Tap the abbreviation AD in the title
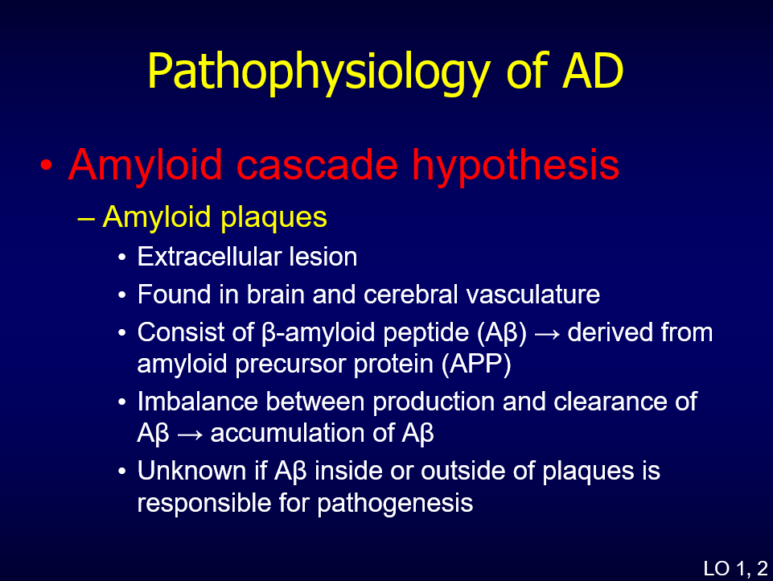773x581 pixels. pyautogui.click(x=593, y=71)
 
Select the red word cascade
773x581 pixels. pyautogui.click(x=317, y=165)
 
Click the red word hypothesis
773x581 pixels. pyautogui.click(x=516, y=167)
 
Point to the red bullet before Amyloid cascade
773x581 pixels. pyautogui.click(x=47, y=166)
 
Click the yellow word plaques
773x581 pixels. pyautogui.click(x=273, y=218)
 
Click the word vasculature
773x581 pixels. pyautogui.click(x=533, y=295)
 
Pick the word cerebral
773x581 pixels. pyautogui.click(x=411, y=295)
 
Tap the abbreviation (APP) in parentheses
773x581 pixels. pyautogui.click(x=477, y=365)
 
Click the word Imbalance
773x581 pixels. pyautogui.click(x=197, y=401)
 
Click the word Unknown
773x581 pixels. pyautogui.click(x=191, y=471)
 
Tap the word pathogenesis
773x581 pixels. pyautogui.click(x=395, y=504)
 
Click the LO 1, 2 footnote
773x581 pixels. pyautogui.click(x=735, y=569)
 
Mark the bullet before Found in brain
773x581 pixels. pyautogui.click(x=122, y=295)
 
